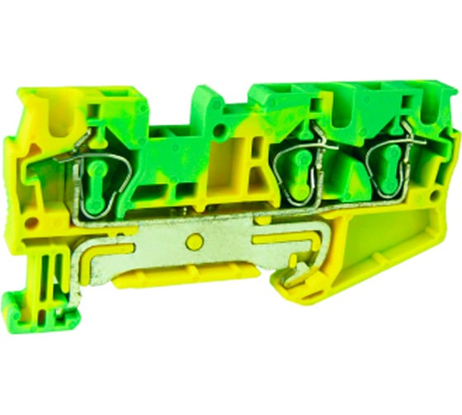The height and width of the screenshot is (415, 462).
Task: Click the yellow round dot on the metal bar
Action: [x=195, y=241]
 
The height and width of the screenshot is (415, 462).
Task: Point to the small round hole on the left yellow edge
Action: [x=31, y=222]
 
